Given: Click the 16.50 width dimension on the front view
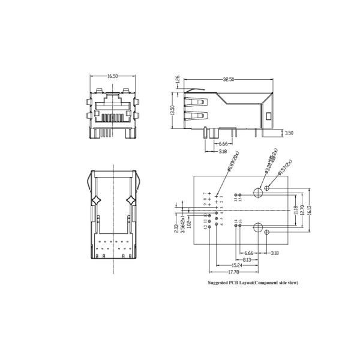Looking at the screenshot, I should click(x=112, y=77).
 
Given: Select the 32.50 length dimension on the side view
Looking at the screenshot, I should click(x=229, y=79).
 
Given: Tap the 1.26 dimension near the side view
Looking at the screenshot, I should click(x=177, y=80).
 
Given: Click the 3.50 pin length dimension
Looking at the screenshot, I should click(x=289, y=133).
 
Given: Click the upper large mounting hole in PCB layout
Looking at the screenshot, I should click(x=259, y=193).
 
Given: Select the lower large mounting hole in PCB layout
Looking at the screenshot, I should click(x=259, y=227).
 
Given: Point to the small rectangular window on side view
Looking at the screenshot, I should click(x=268, y=115).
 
